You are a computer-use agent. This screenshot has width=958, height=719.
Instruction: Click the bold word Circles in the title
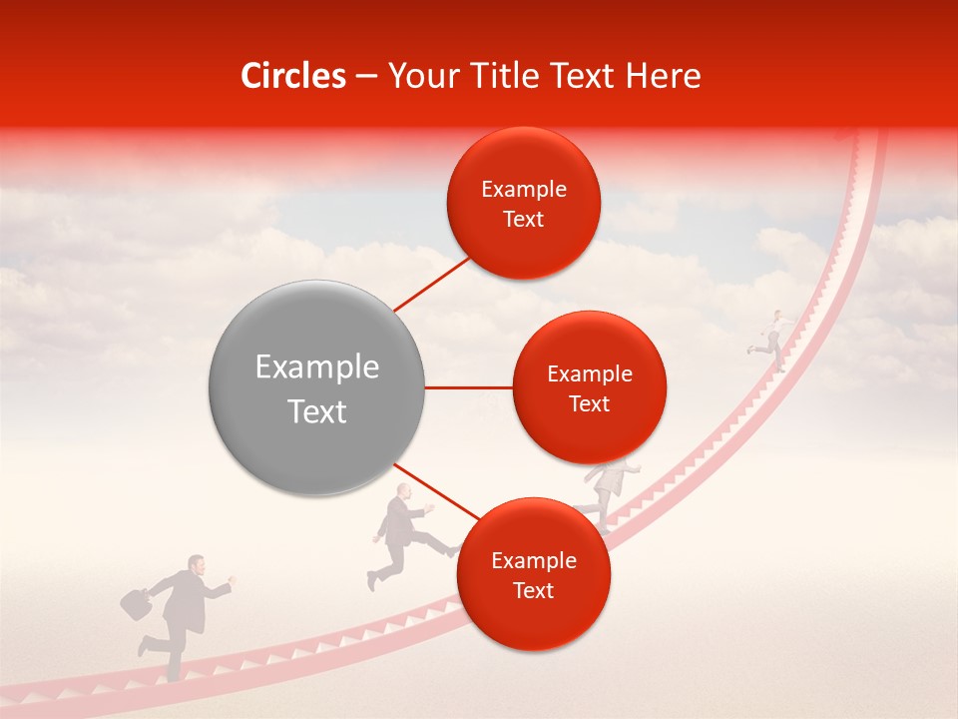(x=292, y=76)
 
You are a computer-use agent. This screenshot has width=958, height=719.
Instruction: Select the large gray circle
(x=316, y=388)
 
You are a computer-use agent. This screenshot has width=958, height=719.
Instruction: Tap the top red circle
(x=523, y=203)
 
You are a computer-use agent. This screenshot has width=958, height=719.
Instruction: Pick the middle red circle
(x=589, y=387)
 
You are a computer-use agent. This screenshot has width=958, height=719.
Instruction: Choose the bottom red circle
(x=533, y=574)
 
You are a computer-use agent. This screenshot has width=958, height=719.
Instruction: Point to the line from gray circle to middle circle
(x=468, y=387)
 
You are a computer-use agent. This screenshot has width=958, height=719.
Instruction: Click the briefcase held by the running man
(x=135, y=602)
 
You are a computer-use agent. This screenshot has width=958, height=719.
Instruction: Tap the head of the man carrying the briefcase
(x=197, y=565)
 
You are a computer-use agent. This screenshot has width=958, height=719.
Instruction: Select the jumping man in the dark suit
(x=402, y=535)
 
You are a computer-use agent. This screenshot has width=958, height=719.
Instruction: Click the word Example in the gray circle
(x=316, y=367)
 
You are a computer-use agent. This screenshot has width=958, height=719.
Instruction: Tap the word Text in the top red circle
(x=523, y=220)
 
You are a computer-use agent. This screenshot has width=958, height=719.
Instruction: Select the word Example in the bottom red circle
(x=533, y=560)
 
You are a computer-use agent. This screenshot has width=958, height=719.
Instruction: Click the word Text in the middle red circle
(x=589, y=404)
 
